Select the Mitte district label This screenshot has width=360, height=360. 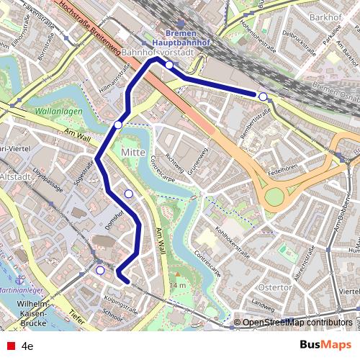(133, 153)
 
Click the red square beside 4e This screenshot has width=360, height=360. (9, 346)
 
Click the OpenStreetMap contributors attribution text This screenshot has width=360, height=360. (295, 323)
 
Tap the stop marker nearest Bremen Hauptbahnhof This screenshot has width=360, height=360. (168, 65)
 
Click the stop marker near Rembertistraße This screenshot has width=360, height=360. (264, 96)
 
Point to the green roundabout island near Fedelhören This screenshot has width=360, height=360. (274, 197)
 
